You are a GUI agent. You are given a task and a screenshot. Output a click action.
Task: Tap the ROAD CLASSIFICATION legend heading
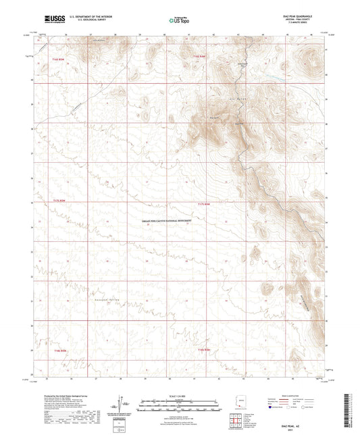click(x=297, y=396)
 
